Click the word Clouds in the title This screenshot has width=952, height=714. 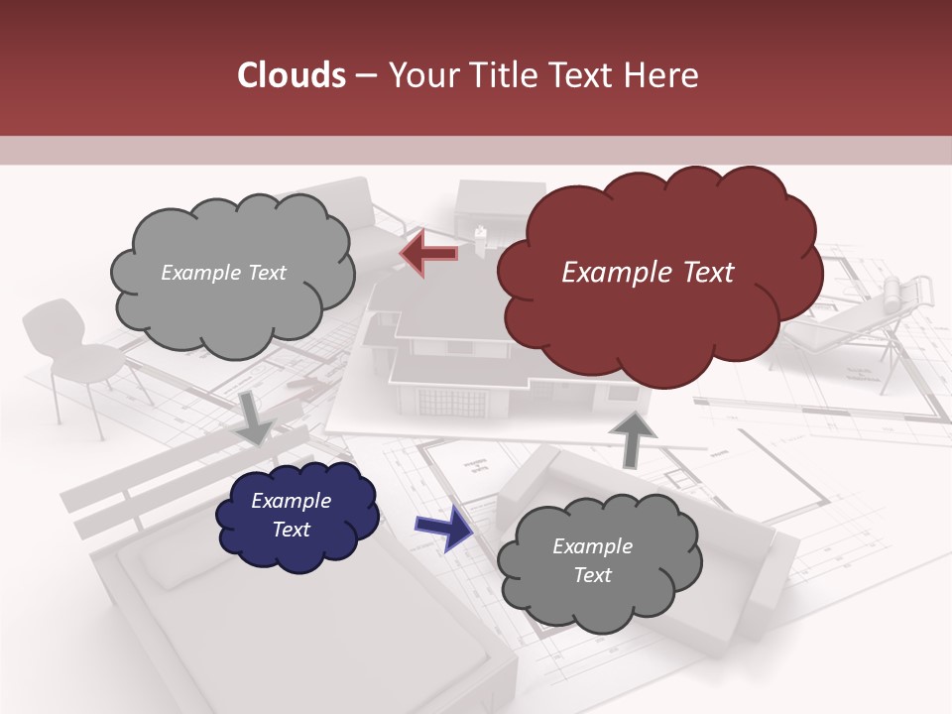[x=291, y=75]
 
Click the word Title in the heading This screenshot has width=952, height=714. [x=507, y=75]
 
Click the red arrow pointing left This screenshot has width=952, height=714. [x=429, y=254]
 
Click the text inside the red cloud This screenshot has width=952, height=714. [x=648, y=273]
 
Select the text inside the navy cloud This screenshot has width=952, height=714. [x=292, y=515]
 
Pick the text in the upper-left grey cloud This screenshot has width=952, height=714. [x=223, y=273]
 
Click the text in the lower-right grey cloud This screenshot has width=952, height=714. [x=592, y=560]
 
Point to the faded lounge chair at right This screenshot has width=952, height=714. [x=873, y=317]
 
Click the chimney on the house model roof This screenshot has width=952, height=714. [x=481, y=236]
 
